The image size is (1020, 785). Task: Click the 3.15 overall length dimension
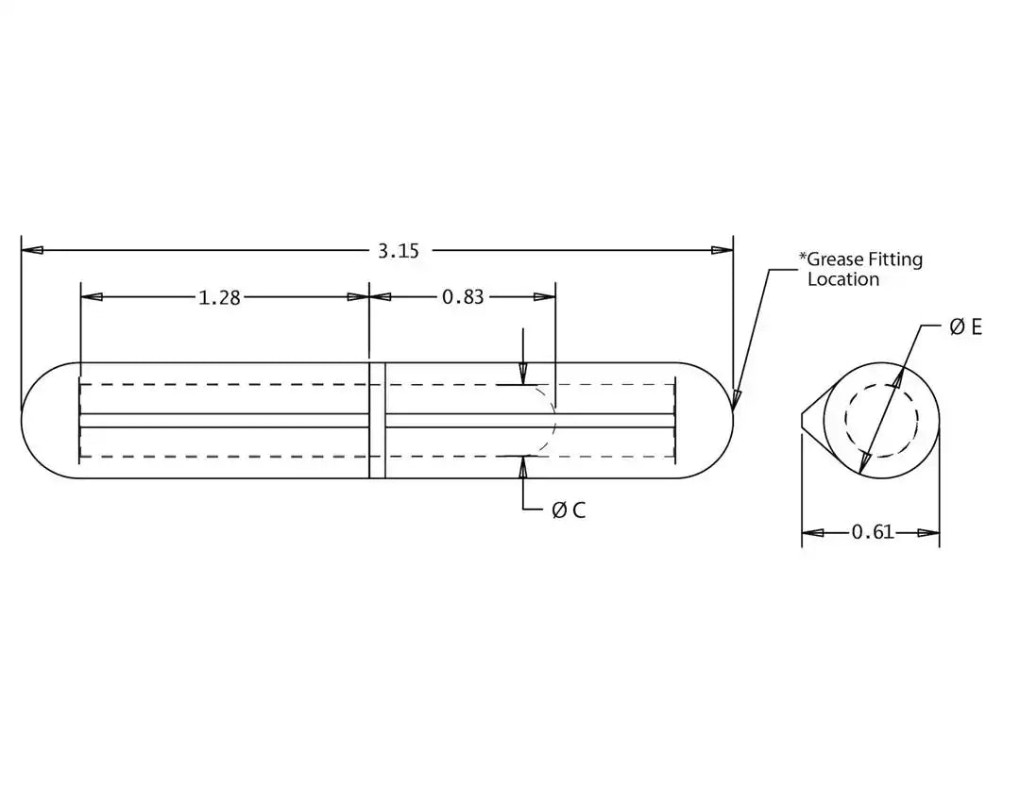click(x=399, y=250)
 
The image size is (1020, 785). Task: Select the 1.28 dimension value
click(x=219, y=297)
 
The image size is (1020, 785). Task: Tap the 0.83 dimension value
click(x=463, y=297)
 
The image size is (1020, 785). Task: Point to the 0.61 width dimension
click(x=873, y=532)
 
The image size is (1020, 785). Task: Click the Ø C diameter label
click(x=569, y=510)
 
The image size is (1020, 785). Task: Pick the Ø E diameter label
click(x=966, y=326)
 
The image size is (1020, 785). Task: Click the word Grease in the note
click(x=836, y=259)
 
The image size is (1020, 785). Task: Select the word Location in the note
click(x=843, y=279)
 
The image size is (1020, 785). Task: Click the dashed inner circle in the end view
click(x=881, y=420)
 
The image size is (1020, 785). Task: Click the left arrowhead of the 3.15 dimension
click(x=32, y=250)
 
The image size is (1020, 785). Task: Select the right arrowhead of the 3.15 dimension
click(x=722, y=250)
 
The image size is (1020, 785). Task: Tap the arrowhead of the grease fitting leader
click(x=736, y=399)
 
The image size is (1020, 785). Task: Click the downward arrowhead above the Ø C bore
click(x=523, y=374)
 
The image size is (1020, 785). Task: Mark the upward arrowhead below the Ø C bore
click(x=523, y=467)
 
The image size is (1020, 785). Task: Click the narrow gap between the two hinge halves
click(x=377, y=421)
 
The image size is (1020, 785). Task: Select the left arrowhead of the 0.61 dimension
click(x=812, y=533)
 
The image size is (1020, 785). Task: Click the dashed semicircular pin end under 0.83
click(x=547, y=421)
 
